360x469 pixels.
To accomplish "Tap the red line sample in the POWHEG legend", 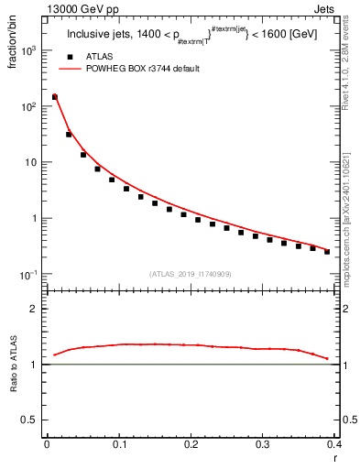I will [x=69, y=69].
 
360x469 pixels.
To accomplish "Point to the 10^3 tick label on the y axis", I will [x=29, y=51].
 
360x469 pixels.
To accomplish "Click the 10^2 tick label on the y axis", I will [x=29, y=107].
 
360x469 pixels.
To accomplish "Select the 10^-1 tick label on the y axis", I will [x=29, y=275].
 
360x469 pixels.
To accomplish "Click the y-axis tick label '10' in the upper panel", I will [x=32, y=163].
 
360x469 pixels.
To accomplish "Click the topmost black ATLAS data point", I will [x=55, y=96].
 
